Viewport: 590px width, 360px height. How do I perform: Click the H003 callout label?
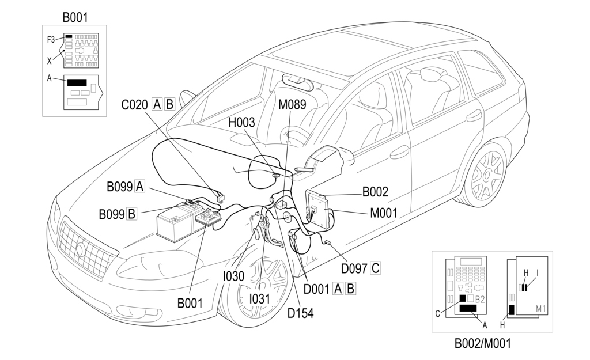[242, 123]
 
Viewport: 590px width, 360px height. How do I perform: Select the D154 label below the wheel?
[300, 314]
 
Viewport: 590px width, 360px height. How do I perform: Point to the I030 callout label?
[233, 276]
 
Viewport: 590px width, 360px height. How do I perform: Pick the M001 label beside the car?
[384, 213]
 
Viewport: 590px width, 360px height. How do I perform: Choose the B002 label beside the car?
[375, 192]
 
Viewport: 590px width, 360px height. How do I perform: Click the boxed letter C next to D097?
[375, 268]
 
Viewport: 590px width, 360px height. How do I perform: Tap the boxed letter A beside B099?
[140, 186]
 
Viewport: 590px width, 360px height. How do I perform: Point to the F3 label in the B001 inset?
[51, 39]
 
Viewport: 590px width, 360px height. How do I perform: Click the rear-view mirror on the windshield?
[298, 82]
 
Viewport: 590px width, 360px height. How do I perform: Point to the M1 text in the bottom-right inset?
[541, 309]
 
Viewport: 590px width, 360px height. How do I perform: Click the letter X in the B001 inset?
[49, 60]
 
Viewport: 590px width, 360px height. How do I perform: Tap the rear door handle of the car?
[475, 116]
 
